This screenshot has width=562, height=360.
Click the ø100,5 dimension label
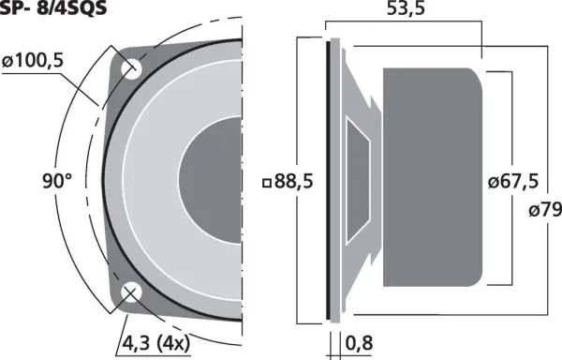[33, 61]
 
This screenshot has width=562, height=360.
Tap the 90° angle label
[57, 181]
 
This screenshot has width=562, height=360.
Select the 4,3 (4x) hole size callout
[155, 343]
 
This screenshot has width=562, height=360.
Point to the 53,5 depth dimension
[406, 8]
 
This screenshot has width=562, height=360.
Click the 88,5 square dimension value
[293, 182]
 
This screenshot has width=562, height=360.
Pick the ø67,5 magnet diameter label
[513, 182]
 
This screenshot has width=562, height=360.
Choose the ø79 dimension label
[545, 210]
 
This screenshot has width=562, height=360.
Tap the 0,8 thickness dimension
[359, 343]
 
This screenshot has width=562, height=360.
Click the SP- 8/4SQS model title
[53, 7]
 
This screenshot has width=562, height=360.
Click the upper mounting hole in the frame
[130, 68]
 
